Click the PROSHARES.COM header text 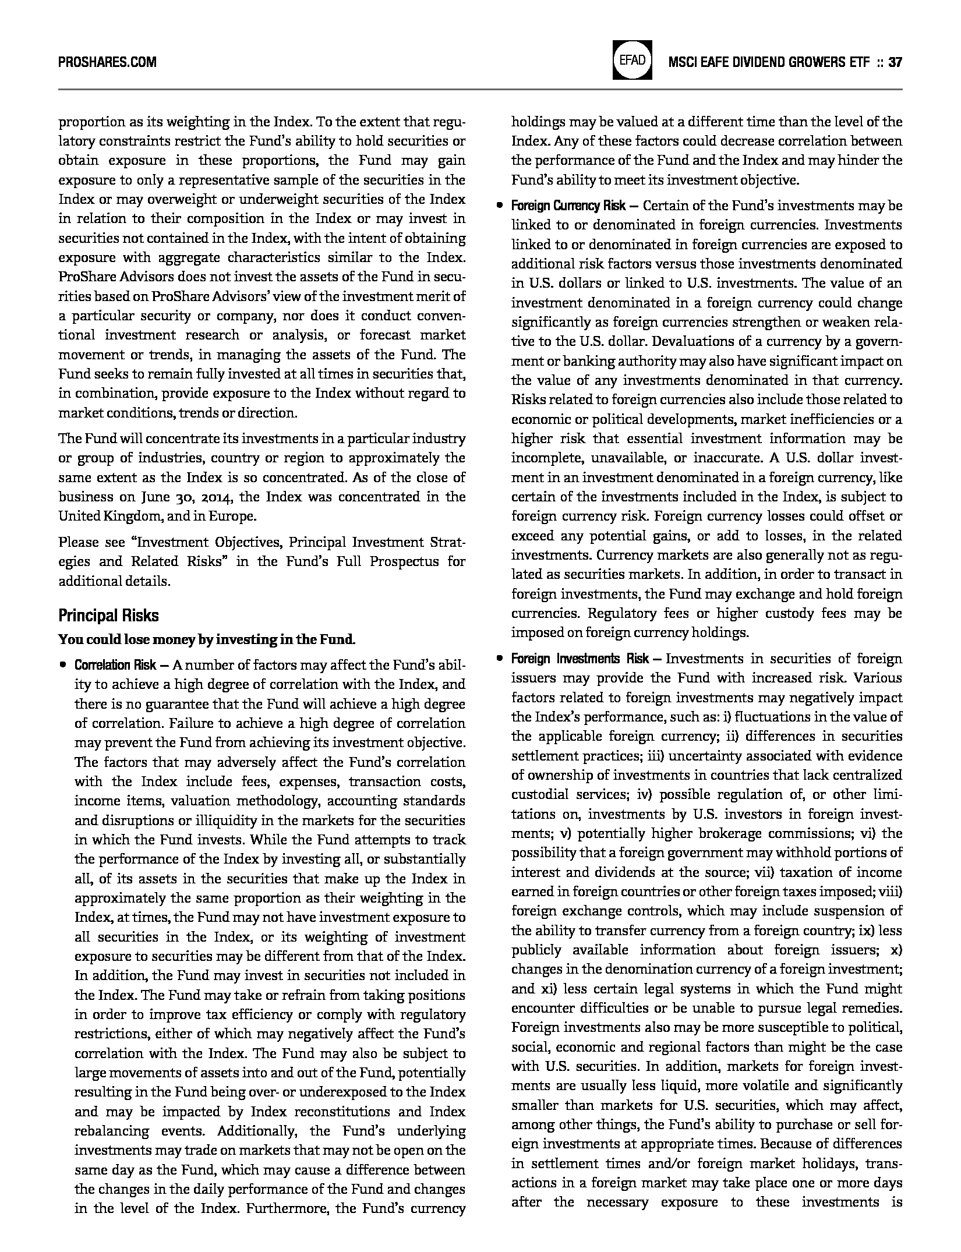(107, 62)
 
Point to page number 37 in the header (895, 62)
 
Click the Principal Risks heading (108, 616)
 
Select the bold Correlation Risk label (115, 665)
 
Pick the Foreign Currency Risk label (568, 206)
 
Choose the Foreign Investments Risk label (580, 659)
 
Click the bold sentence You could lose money (206, 639)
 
